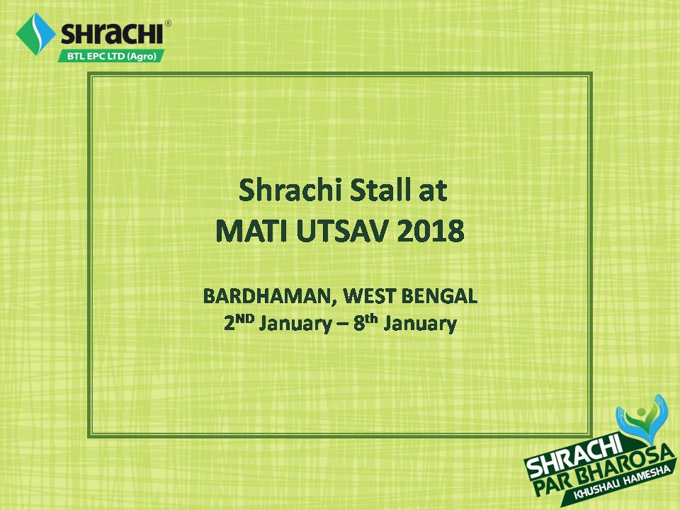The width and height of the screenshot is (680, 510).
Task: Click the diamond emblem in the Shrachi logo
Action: [x=35, y=34]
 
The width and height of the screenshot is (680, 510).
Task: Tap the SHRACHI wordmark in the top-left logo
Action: [x=112, y=33]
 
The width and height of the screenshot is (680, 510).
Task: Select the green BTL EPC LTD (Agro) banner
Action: [x=111, y=56]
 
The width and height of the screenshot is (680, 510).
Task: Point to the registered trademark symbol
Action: [x=168, y=23]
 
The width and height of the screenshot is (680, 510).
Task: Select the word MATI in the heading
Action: [x=251, y=231]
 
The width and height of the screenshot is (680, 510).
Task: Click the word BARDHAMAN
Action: [x=268, y=297]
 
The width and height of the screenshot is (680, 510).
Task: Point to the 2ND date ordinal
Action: [x=239, y=323]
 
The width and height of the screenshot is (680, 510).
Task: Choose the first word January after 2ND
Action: [x=295, y=324]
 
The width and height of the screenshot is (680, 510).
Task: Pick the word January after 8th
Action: [x=420, y=324]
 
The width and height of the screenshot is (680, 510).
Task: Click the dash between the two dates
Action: [x=343, y=325]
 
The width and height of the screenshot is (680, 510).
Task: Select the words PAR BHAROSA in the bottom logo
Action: [x=604, y=472]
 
